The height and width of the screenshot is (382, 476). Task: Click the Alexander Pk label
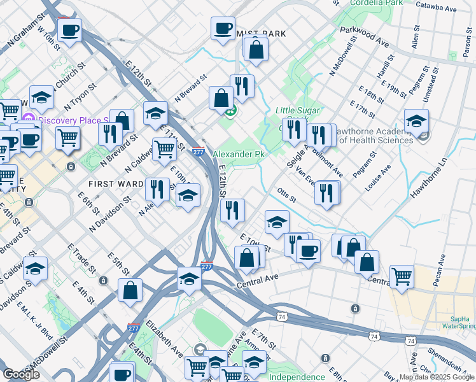[238, 154]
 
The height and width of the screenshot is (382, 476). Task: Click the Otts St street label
[287, 194]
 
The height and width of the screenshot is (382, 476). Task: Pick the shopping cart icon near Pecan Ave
[402, 276]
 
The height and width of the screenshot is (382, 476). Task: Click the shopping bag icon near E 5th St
[130, 290]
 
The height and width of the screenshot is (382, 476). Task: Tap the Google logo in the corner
[21, 374]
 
